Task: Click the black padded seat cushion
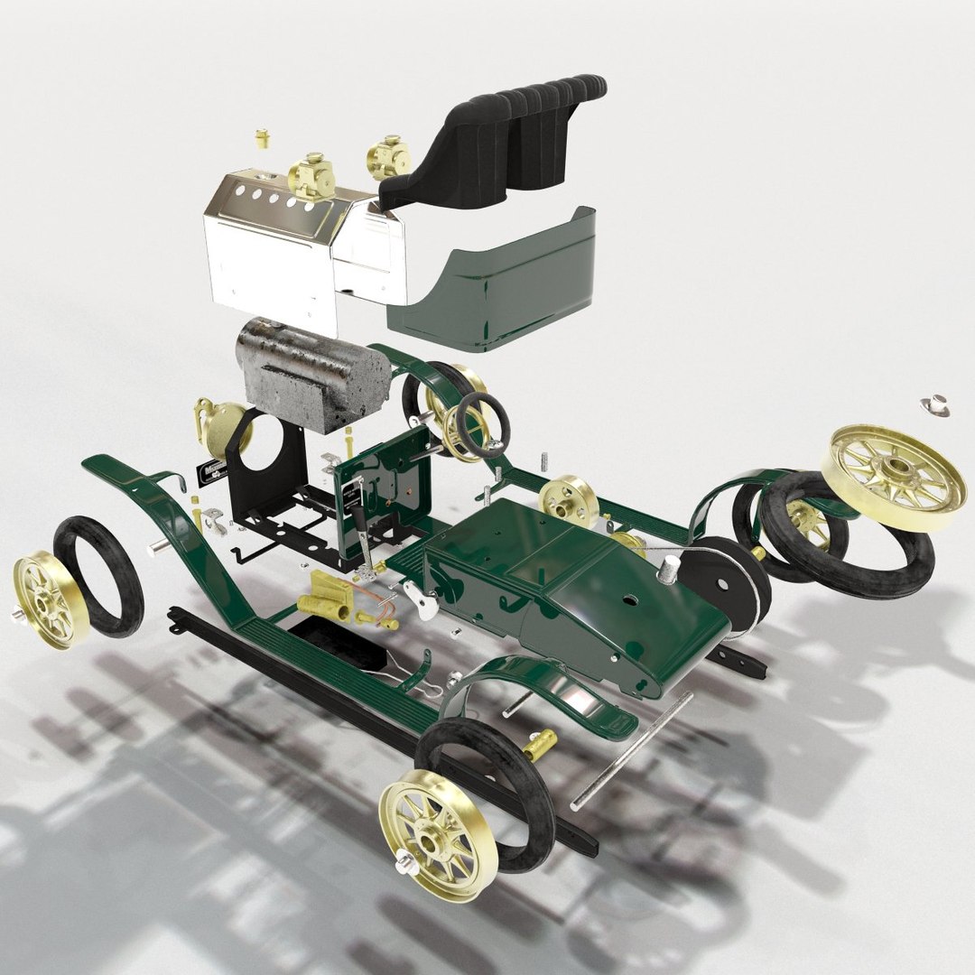click(506, 144)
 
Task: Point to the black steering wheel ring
click(479, 424)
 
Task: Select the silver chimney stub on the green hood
click(670, 569)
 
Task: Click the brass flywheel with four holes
click(569, 501)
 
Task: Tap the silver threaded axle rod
click(632, 749)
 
